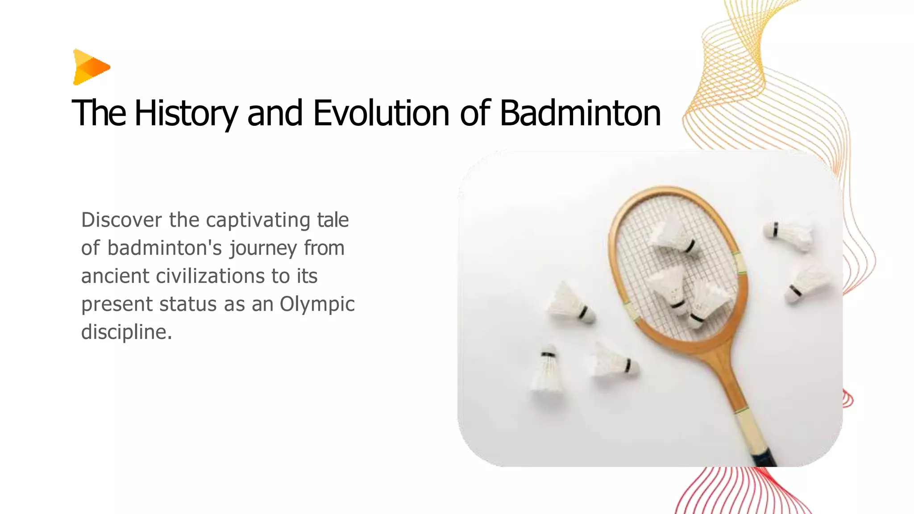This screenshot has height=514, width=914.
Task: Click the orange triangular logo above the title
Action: pos(91,67)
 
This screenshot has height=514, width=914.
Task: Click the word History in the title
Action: pos(186,113)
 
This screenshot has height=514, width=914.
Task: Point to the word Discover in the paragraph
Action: pos(121,220)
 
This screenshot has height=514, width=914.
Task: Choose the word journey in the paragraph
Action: pos(263,249)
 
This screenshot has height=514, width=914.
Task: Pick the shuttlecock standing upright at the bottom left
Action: pos(547,370)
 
